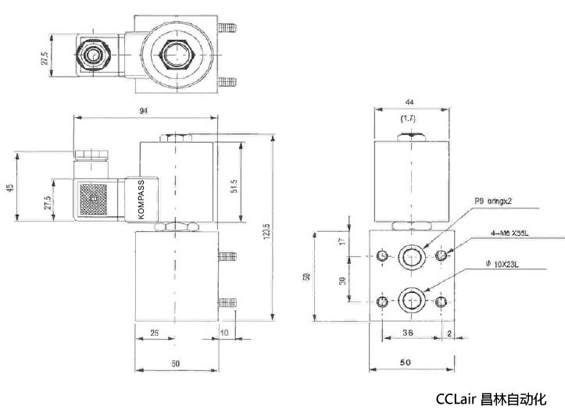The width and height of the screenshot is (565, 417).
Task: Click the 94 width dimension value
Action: tap(144, 111)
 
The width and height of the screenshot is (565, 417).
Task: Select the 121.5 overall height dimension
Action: tap(266, 232)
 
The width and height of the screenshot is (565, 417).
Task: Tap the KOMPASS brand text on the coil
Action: tap(141, 200)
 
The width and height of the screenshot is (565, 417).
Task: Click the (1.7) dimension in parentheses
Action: tap(407, 119)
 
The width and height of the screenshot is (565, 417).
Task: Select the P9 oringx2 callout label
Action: tap(492, 201)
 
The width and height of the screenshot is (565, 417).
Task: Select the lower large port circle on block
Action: tap(411, 301)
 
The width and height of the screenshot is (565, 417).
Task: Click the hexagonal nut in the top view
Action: tap(173, 57)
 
